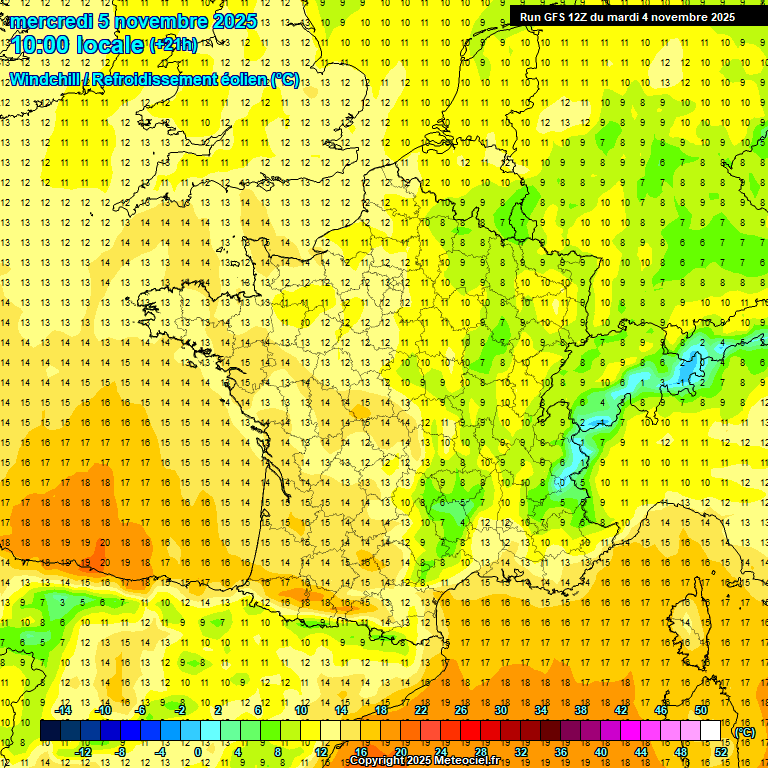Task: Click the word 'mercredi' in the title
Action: point(51,21)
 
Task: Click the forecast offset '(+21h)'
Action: point(173,44)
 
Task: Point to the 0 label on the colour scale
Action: point(197,752)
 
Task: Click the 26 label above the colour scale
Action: point(461,710)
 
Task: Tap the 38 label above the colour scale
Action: point(580,710)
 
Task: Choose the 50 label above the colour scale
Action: point(700,710)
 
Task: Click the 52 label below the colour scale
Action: point(720,752)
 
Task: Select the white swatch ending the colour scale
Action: point(710,731)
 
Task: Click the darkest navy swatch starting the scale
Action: point(51,731)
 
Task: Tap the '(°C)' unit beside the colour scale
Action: point(744,732)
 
